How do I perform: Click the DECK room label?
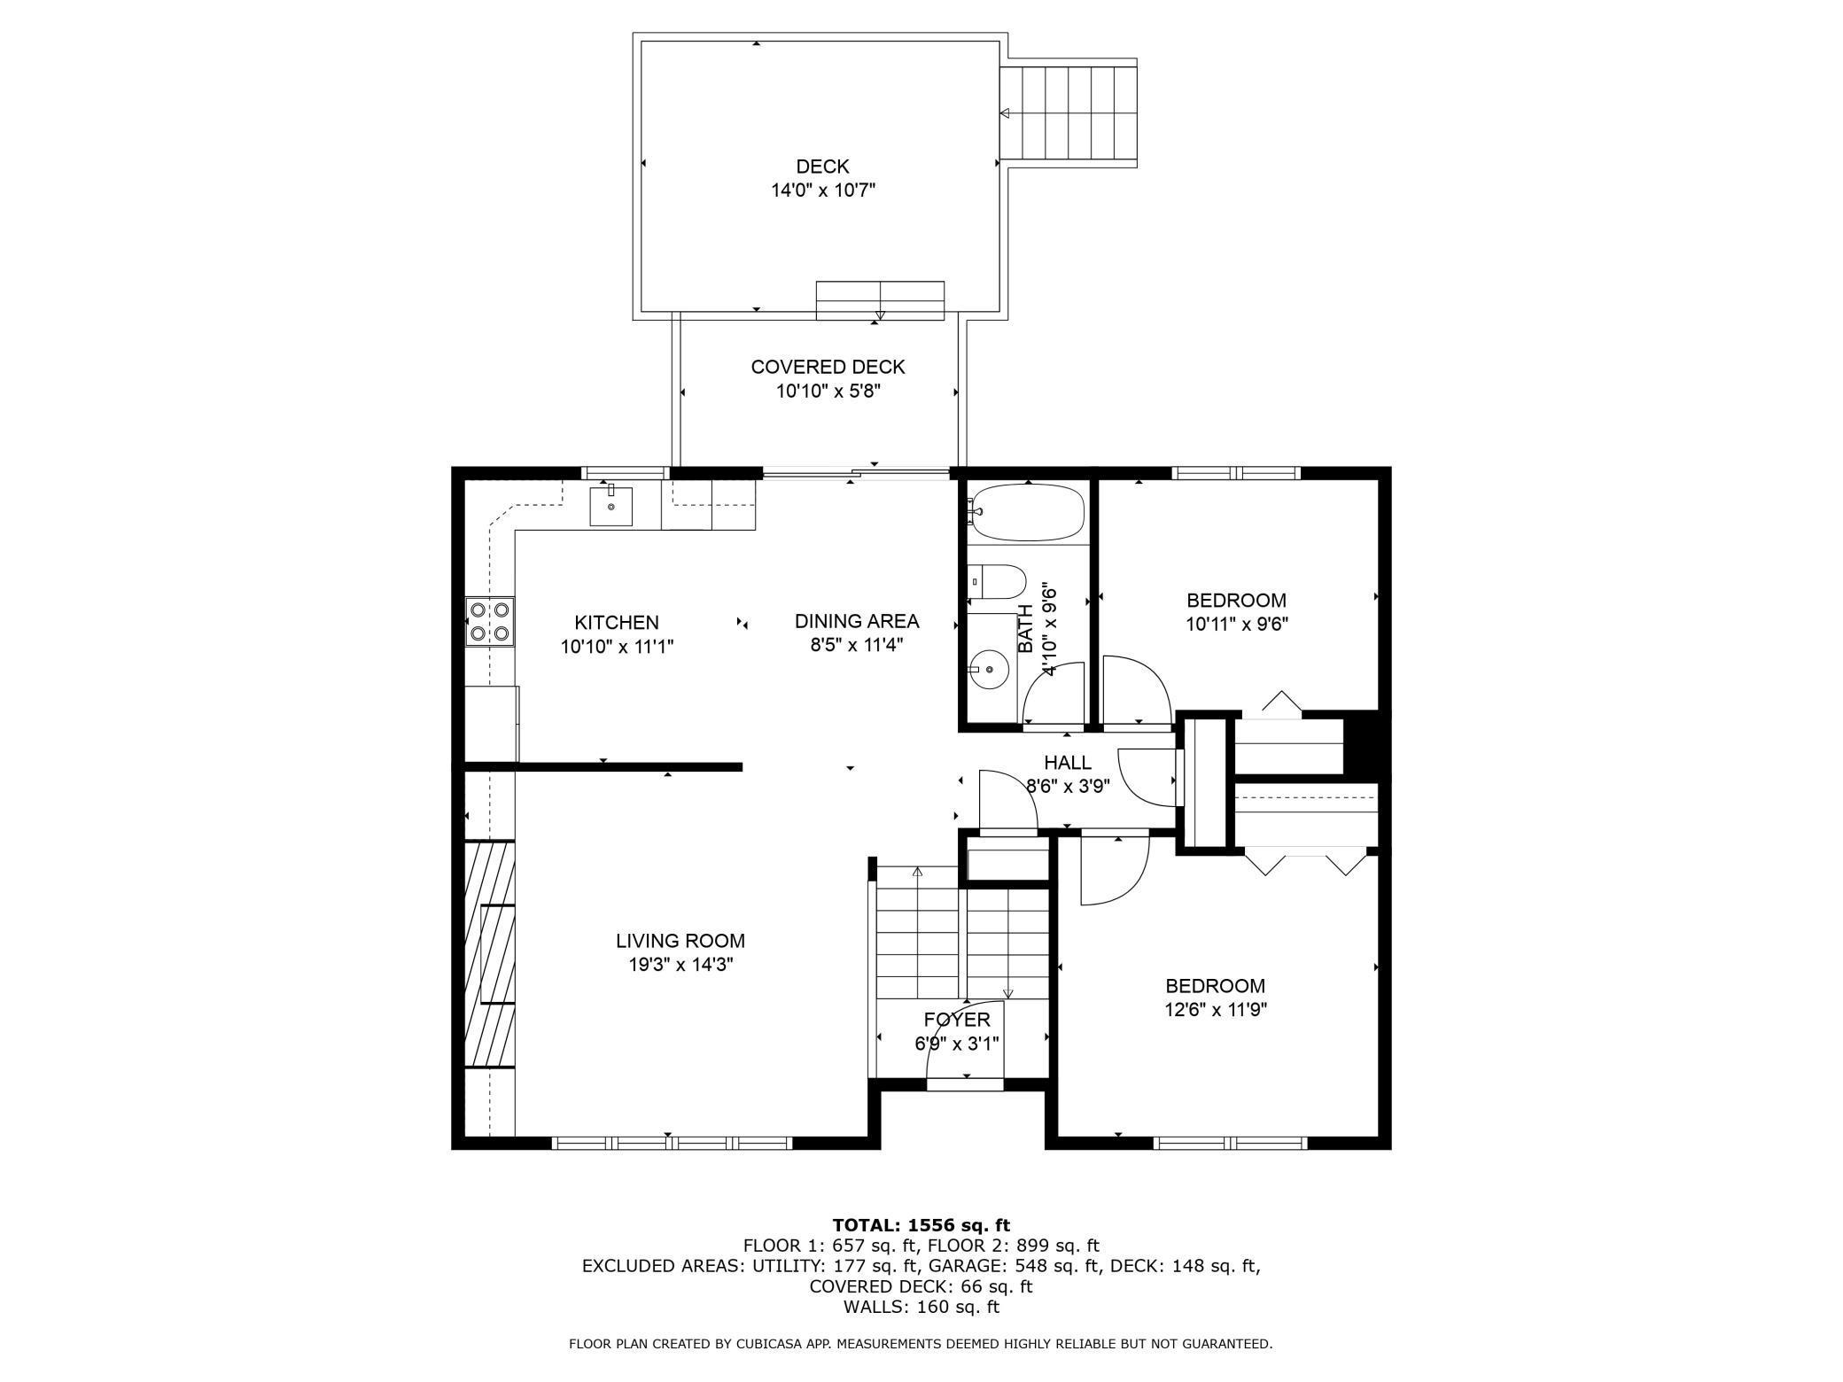tap(822, 167)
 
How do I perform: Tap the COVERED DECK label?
tap(828, 367)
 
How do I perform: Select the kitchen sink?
tap(611, 506)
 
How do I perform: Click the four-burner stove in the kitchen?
tap(490, 621)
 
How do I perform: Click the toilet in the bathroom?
tap(996, 581)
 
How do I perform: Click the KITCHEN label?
tap(617, 623)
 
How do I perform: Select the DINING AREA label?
tap(857, 621)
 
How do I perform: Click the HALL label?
tap(1068, 763)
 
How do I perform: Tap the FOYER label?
tap(957, 1020)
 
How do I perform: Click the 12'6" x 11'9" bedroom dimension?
tap(1216, 1009)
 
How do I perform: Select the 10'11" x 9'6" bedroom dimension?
tap(1237, 624)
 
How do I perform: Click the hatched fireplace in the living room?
tap(490, 954)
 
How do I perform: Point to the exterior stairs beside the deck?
tap(1069, 113)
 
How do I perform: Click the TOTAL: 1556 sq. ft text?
tap(921, 1225)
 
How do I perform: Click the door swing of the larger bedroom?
tap(1115, 871)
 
